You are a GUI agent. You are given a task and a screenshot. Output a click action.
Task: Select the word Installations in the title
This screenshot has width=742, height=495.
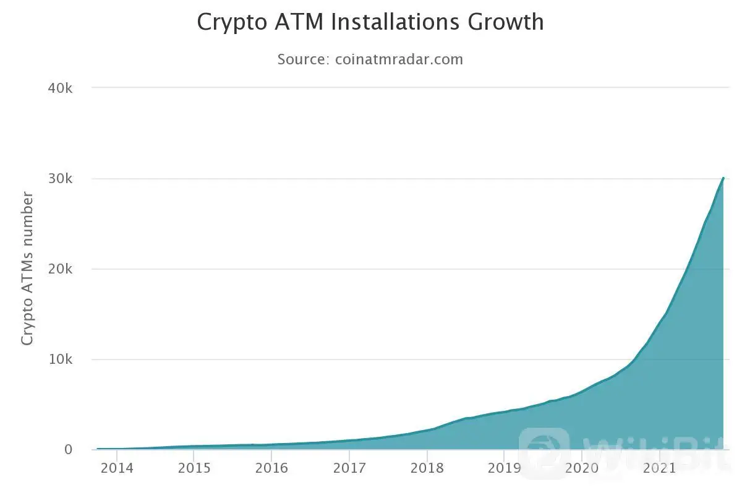(x=398, y=22)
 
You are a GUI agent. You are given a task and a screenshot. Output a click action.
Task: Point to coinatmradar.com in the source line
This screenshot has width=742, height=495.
(x=399, y=59)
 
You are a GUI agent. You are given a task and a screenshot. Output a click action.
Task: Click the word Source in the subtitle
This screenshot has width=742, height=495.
(x=302, y=59)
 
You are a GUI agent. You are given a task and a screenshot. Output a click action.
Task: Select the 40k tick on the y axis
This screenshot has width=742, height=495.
(x=61, y=88)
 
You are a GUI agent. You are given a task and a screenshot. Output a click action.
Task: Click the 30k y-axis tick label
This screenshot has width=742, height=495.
(x=61, y=179)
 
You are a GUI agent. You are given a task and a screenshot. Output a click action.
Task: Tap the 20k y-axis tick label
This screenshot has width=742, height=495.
(x=61, y=269)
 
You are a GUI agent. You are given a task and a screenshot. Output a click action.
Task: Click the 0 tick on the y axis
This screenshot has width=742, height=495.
(x=69, y=450)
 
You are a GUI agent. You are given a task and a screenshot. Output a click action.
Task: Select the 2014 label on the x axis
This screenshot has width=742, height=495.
(x=117, y=468)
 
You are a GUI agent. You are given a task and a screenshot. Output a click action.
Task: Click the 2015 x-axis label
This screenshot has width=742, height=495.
(x=194, y=468)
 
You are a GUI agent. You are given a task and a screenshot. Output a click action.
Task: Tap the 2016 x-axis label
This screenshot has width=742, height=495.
(x=272, y=468)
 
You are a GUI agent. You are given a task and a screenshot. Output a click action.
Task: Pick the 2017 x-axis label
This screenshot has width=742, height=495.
(x=349, y=468)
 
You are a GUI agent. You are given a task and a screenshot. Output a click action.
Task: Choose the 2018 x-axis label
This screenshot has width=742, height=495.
(x=427, y=468)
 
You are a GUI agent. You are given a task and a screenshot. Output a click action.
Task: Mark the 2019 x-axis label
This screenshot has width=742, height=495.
(x=505, y=468)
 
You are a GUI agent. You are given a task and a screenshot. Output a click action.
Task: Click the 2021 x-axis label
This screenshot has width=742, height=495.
(x=659, y=468)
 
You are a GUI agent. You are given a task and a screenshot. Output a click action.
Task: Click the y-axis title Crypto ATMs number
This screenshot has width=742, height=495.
(x=27, y=269)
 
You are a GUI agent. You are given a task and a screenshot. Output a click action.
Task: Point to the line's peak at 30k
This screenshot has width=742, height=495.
(x=723, y=178)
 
